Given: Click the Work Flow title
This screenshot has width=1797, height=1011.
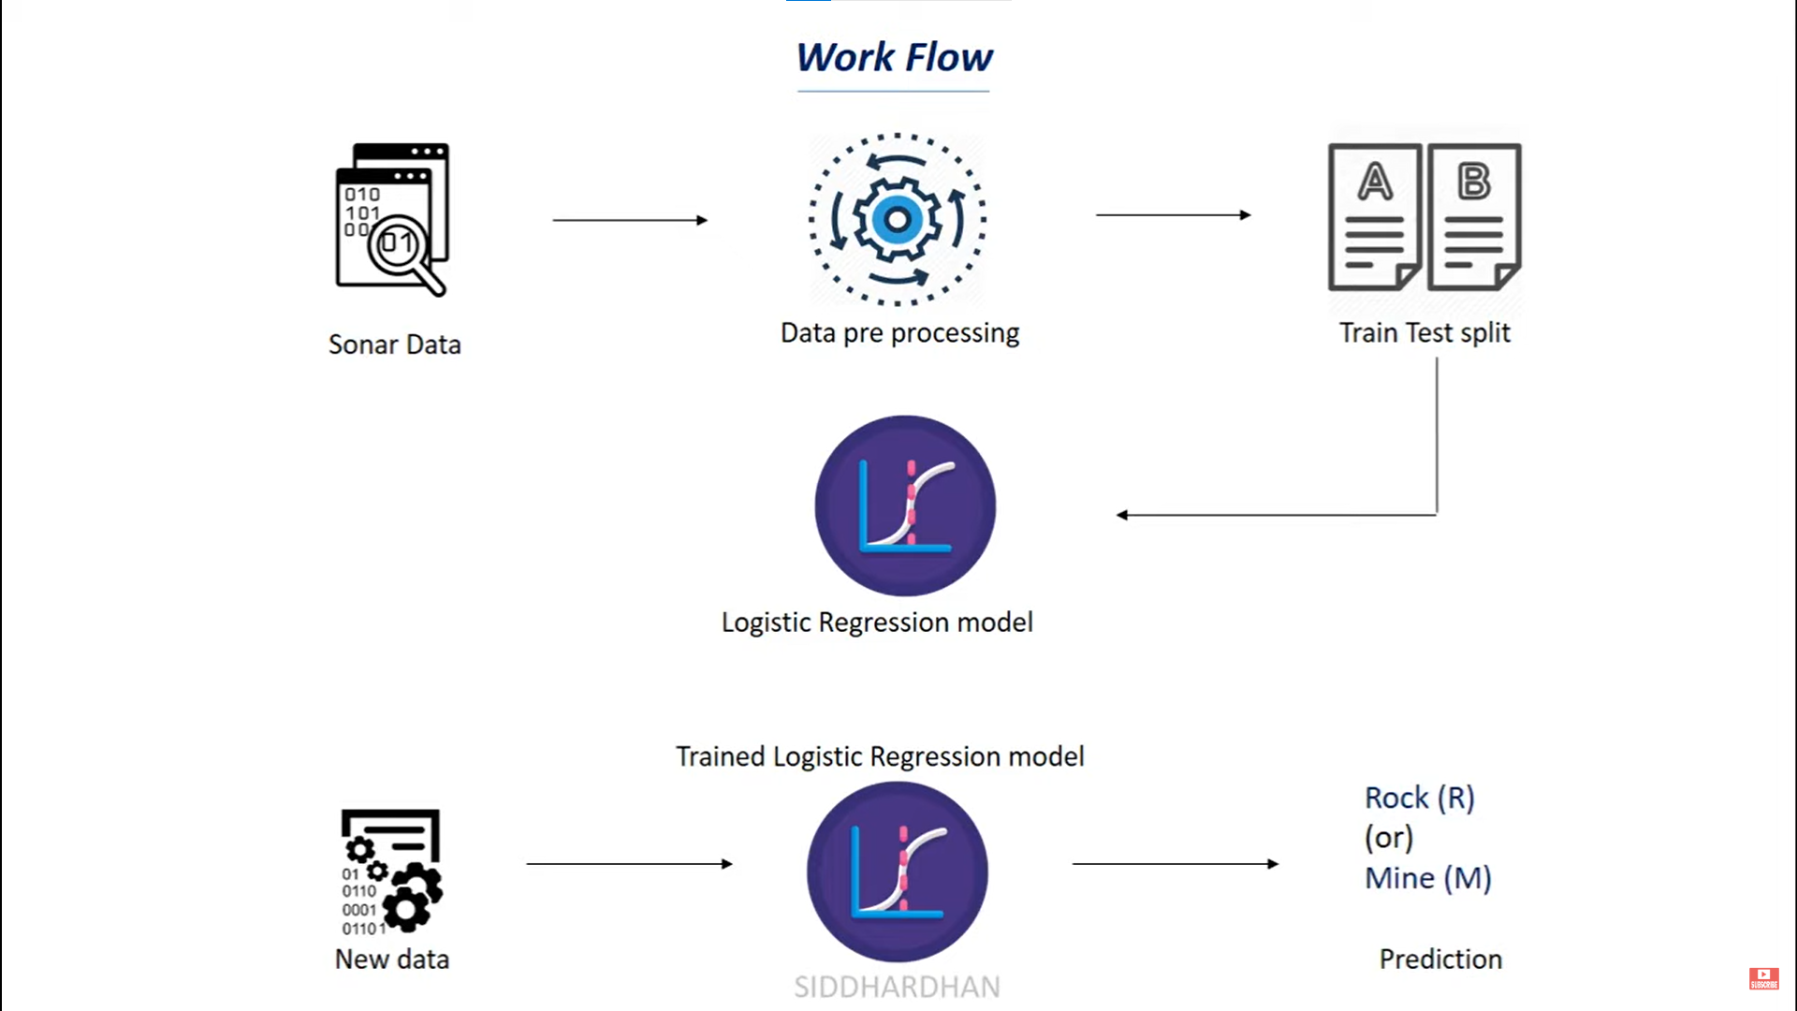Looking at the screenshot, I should click(894, 58).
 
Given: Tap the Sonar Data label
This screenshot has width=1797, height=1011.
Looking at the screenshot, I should click(394, 344).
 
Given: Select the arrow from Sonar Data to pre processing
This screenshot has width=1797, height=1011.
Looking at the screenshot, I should click(630, 220).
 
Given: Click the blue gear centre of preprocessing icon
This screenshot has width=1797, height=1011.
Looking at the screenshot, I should click(897, 220).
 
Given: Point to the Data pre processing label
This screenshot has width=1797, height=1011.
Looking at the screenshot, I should click(899, 333).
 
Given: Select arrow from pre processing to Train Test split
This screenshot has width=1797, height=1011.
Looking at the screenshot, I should click(1173, 215).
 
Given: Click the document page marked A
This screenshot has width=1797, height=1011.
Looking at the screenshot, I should click(1374, 217).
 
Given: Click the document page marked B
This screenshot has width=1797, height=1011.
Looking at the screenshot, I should click(1474, 217).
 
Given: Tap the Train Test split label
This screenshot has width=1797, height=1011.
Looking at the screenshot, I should click(1424, 333).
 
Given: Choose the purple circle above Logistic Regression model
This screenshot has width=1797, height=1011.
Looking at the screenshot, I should click(905, 505).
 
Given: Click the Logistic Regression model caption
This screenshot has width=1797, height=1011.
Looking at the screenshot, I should click(877, 623).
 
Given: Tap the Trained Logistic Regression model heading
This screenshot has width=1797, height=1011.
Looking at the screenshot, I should click(880, 756).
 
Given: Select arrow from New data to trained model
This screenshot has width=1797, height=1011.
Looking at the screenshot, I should click(629, 864).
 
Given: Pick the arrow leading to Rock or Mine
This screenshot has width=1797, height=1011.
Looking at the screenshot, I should click(1175, 864).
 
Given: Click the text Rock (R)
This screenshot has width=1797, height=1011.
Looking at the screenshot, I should click(1419, 798).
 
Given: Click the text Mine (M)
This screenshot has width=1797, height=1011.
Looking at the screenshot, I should click(1427, 878).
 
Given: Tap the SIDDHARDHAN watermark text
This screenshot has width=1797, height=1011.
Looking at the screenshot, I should click(897, 987).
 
